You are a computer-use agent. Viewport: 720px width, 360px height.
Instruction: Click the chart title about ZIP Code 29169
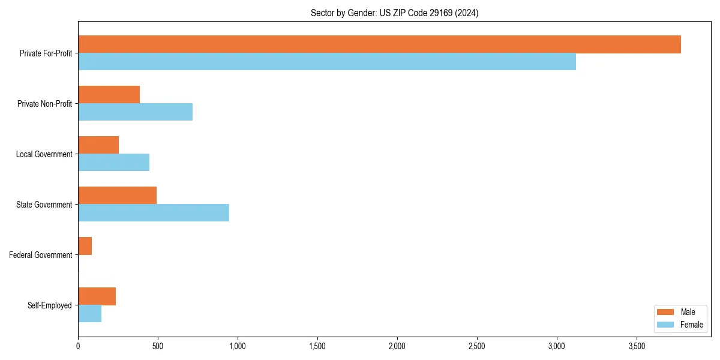click(x=394, y=13)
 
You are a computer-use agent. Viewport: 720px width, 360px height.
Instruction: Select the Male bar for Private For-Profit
click(x=379, y=44)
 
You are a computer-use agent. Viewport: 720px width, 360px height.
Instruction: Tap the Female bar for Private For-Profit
click(x=327, y=62)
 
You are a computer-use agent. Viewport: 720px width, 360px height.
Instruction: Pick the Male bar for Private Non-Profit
click(x=109, y=95)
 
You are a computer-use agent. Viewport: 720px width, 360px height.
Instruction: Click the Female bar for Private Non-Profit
click(x=135, y=112)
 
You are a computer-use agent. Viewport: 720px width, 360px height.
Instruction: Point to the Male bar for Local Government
click(x=98, y=145)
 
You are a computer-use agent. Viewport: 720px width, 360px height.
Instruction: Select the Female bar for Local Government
click(x=113, y=163)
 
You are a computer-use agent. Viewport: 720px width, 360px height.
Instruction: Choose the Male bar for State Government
click(x=117, y=196)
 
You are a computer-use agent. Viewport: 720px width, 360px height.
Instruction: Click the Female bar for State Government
click(x=154, y=213)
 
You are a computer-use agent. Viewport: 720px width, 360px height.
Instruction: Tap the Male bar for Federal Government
click(x=85, y=246)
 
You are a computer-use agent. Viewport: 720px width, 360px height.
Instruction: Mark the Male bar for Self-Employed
click(x=97, y=296)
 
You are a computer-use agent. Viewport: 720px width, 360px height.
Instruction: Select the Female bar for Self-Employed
click(x=89, y=314)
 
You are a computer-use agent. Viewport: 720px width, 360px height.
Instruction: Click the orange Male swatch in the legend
click(x=665, y=312)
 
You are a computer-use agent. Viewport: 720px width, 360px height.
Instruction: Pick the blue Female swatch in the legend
click(x=665, y=325)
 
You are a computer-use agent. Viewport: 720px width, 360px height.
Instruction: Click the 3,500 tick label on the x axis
click(x=637, y=346)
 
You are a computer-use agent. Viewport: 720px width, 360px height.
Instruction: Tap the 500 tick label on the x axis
click(x=158, y=346)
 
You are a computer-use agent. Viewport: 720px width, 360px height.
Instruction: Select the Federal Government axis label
click(x=41, y=255)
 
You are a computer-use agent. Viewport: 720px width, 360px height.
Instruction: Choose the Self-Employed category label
click(x=50, y=305)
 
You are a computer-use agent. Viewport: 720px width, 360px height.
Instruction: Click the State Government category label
click(x=44, y=205)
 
